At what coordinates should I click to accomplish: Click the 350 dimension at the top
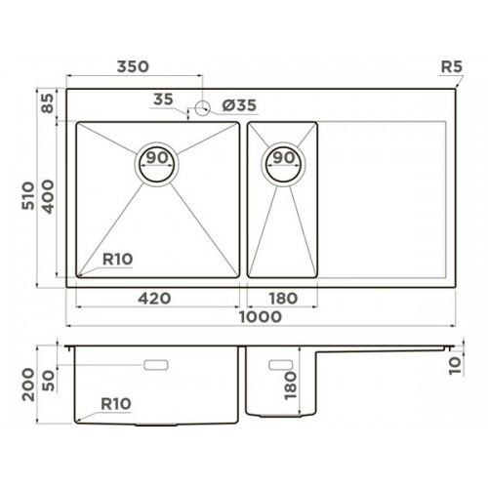click(133, 66)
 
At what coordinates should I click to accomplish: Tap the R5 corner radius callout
click(451, 67)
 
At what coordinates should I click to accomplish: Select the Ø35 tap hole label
click(239, 105)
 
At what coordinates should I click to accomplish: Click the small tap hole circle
click(202, 107)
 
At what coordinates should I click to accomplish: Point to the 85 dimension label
click(48, 103)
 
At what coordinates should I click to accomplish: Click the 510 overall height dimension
click(28, 196)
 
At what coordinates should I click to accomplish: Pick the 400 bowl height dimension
click(48, 196)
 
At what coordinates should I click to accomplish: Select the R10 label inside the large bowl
click(117, 260)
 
